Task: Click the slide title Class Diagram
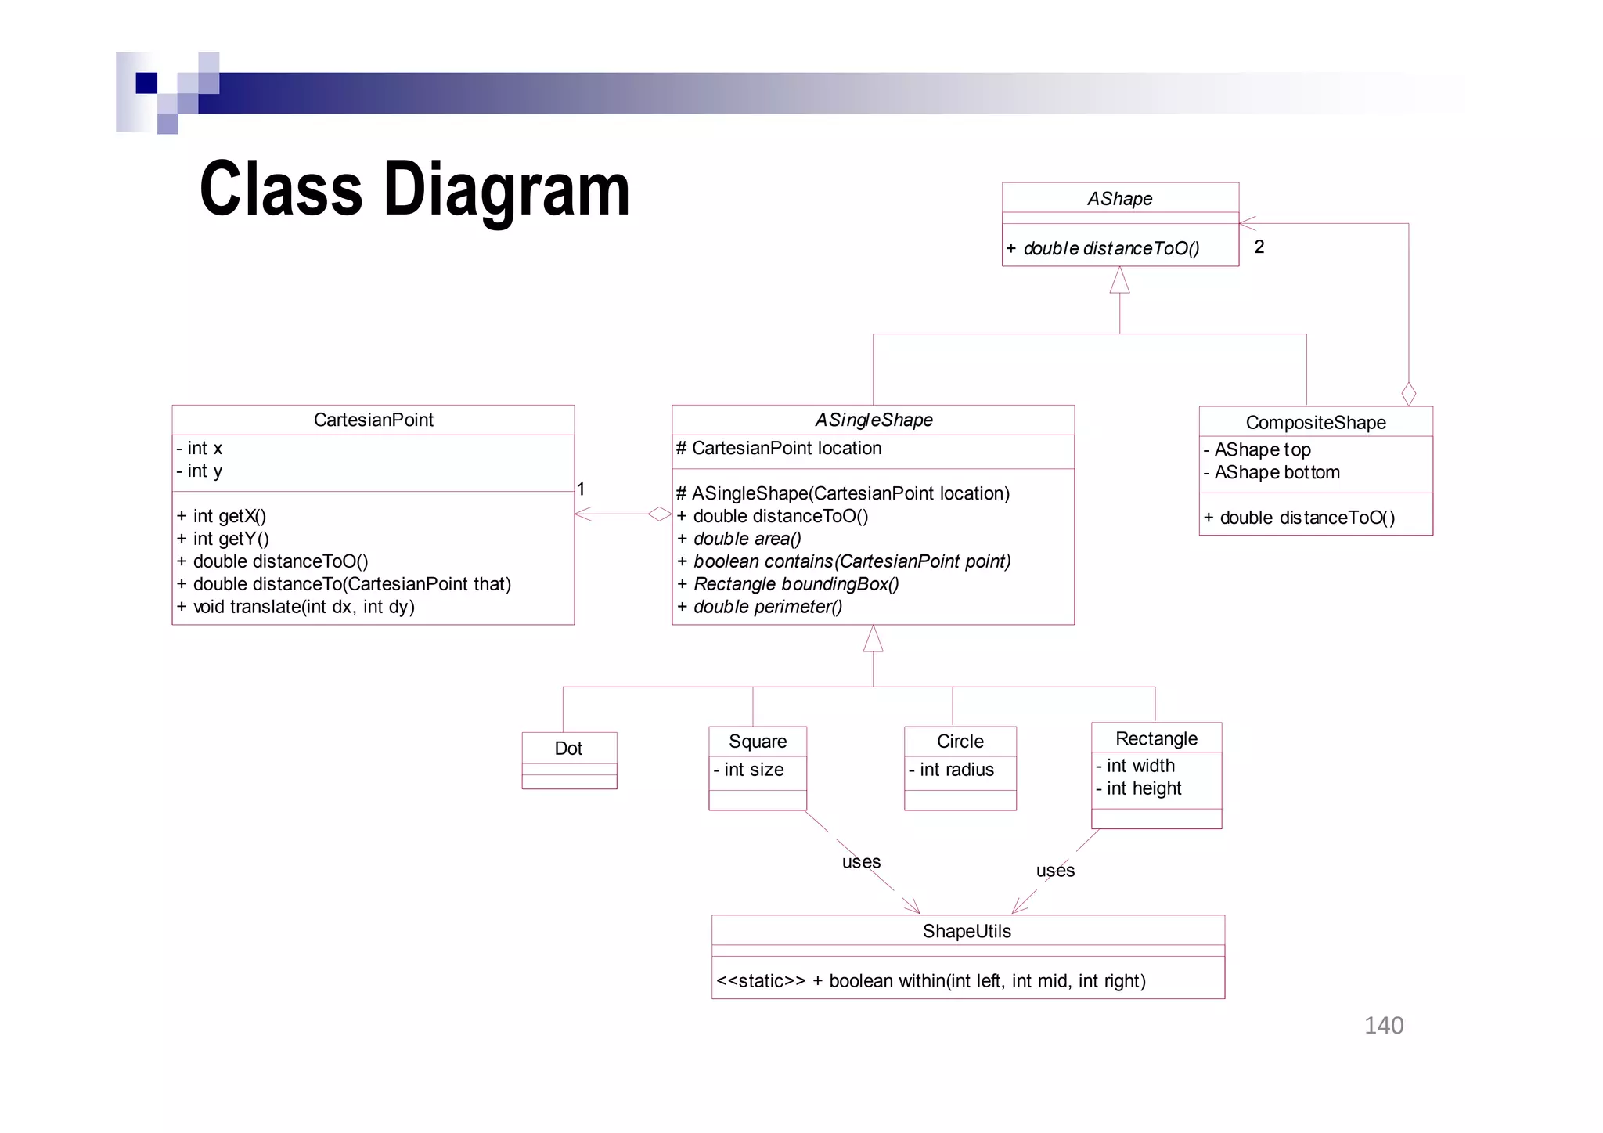(x=414, y=189)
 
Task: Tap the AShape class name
(x=1119, y=199)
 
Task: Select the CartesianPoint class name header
(x=373, y=420)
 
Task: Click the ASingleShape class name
(x=874, y=420)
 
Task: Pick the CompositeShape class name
(x=1315, y=423)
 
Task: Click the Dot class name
(x=568, y=749)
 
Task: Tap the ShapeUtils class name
(x=967, y=931)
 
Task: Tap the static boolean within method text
(x=931, y=981)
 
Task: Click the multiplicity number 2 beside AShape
(x=1259, y=247)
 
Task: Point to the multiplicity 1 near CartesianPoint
(x=581, y=489)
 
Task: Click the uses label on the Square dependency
(x=861, y=862)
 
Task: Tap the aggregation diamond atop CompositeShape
(x=1408, y=394)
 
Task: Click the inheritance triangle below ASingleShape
(x=873, y=639)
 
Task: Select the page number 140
(x=1383, y=1026)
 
